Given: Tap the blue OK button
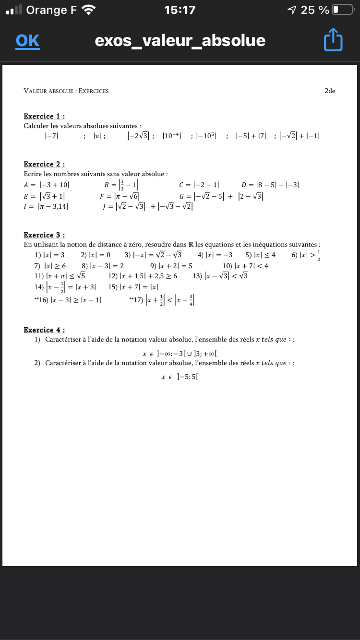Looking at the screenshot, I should (x=27, y=41).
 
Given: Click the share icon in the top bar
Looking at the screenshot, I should (x=334, y=40).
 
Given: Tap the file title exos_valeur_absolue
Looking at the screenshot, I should (x=180, y=40).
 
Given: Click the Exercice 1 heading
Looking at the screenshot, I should (x=44, y=116).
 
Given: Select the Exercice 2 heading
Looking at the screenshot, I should (x=44, y=164).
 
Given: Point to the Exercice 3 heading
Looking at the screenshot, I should (x=44, y=235).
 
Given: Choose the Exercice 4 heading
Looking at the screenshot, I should (x=44, y=330).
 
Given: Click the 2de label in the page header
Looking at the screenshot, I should (x=330, y=91).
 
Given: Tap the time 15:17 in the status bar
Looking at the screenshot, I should (x=180, y=10).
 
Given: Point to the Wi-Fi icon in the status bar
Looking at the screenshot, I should (x=89, y=10).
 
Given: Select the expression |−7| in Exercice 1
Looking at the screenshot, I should (x=51, y=136).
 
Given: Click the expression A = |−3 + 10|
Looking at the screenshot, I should (x=47, y=185).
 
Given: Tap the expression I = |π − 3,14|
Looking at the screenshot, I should (x=46, y=207).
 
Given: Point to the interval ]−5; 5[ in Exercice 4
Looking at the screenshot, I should (x=188, y=377).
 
